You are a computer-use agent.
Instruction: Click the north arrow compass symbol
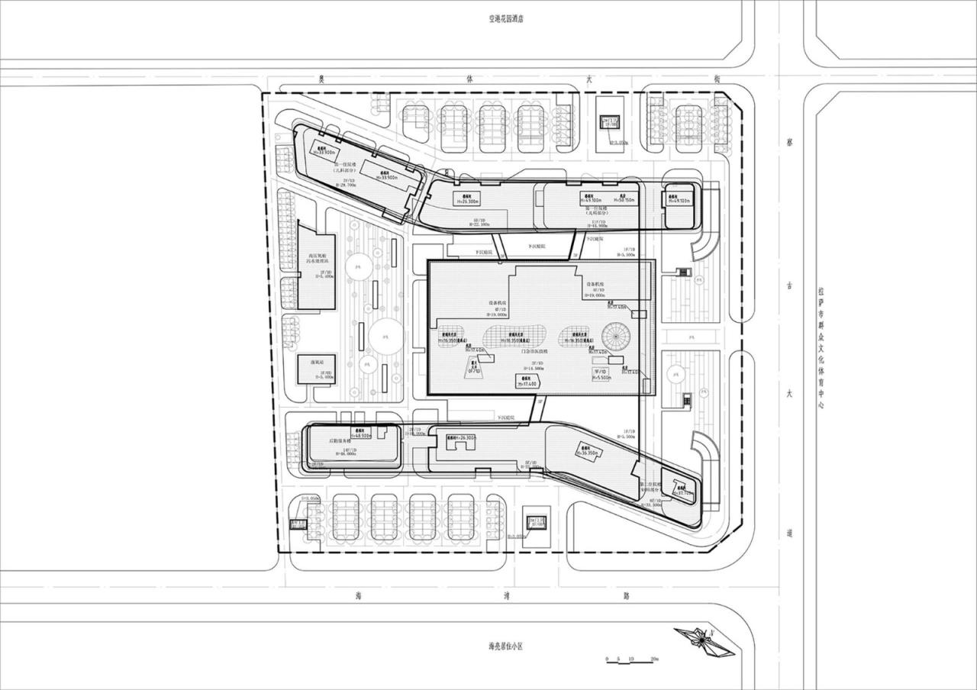pos(704,640)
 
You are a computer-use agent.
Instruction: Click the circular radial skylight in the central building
pos(614,335)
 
